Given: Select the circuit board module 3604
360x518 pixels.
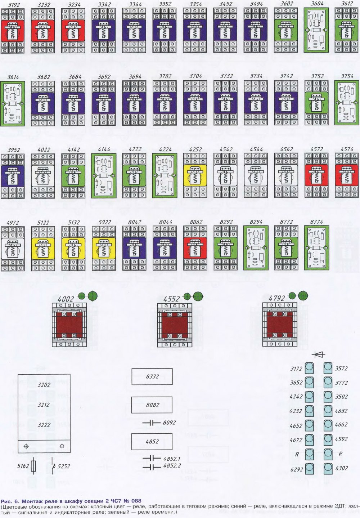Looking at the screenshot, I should pos(315,30).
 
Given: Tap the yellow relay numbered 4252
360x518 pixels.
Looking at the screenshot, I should pos(194,175).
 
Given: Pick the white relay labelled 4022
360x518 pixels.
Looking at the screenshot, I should pos(42,175).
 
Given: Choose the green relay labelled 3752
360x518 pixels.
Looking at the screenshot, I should pos(315,102).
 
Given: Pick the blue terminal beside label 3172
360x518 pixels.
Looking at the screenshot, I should pos(309,368).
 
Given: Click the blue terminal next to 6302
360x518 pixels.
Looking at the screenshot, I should pos(328,468).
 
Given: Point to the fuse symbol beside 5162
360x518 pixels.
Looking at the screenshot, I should pos(34,466).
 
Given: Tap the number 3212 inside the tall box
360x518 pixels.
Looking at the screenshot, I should pos(44,405).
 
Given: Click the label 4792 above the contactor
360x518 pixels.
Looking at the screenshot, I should pos(276,298).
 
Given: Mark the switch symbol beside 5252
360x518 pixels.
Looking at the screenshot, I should pos(54,466).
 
